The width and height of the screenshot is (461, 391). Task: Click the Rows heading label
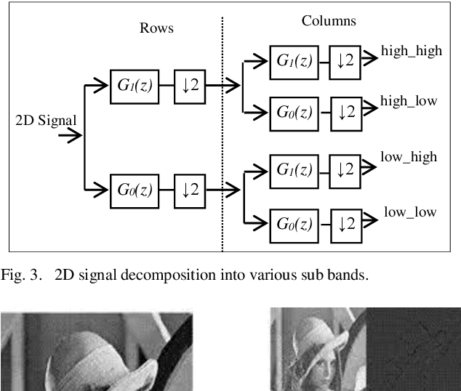156,28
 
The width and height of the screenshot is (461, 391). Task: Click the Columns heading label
329,20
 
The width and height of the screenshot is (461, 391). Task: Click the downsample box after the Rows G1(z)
191,86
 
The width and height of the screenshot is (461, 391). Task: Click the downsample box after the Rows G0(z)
191,190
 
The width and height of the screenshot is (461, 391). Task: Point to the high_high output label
411,53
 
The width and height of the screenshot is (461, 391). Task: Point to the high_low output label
409,101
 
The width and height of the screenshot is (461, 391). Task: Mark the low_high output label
409,156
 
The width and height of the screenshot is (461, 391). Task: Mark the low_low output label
410,212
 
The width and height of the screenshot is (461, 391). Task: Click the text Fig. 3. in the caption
23,276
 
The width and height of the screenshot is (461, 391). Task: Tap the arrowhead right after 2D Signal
73,135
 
